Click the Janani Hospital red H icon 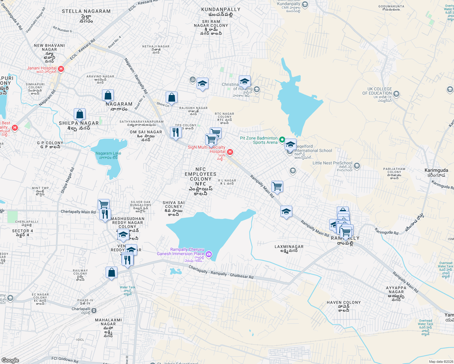(61, 69)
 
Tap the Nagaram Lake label (108, 153)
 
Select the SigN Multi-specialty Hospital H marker (230, 152)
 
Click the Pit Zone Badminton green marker (282, 140)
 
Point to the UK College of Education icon (396, 94)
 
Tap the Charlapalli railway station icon (94, 310)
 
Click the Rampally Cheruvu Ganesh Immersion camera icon (208, 254)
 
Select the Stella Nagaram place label (86, 11)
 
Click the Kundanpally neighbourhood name (221, 9)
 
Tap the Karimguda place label (436, 170)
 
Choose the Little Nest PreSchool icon (357, 166)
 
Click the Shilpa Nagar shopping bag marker (80, 114)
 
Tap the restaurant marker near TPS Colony (175, 132)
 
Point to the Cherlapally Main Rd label (78, 212)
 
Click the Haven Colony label (344, 302)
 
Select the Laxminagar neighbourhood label (289, 247)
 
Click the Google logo (10, 360)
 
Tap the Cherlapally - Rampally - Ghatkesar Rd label (221, 272)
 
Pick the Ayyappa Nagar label (396, 290)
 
